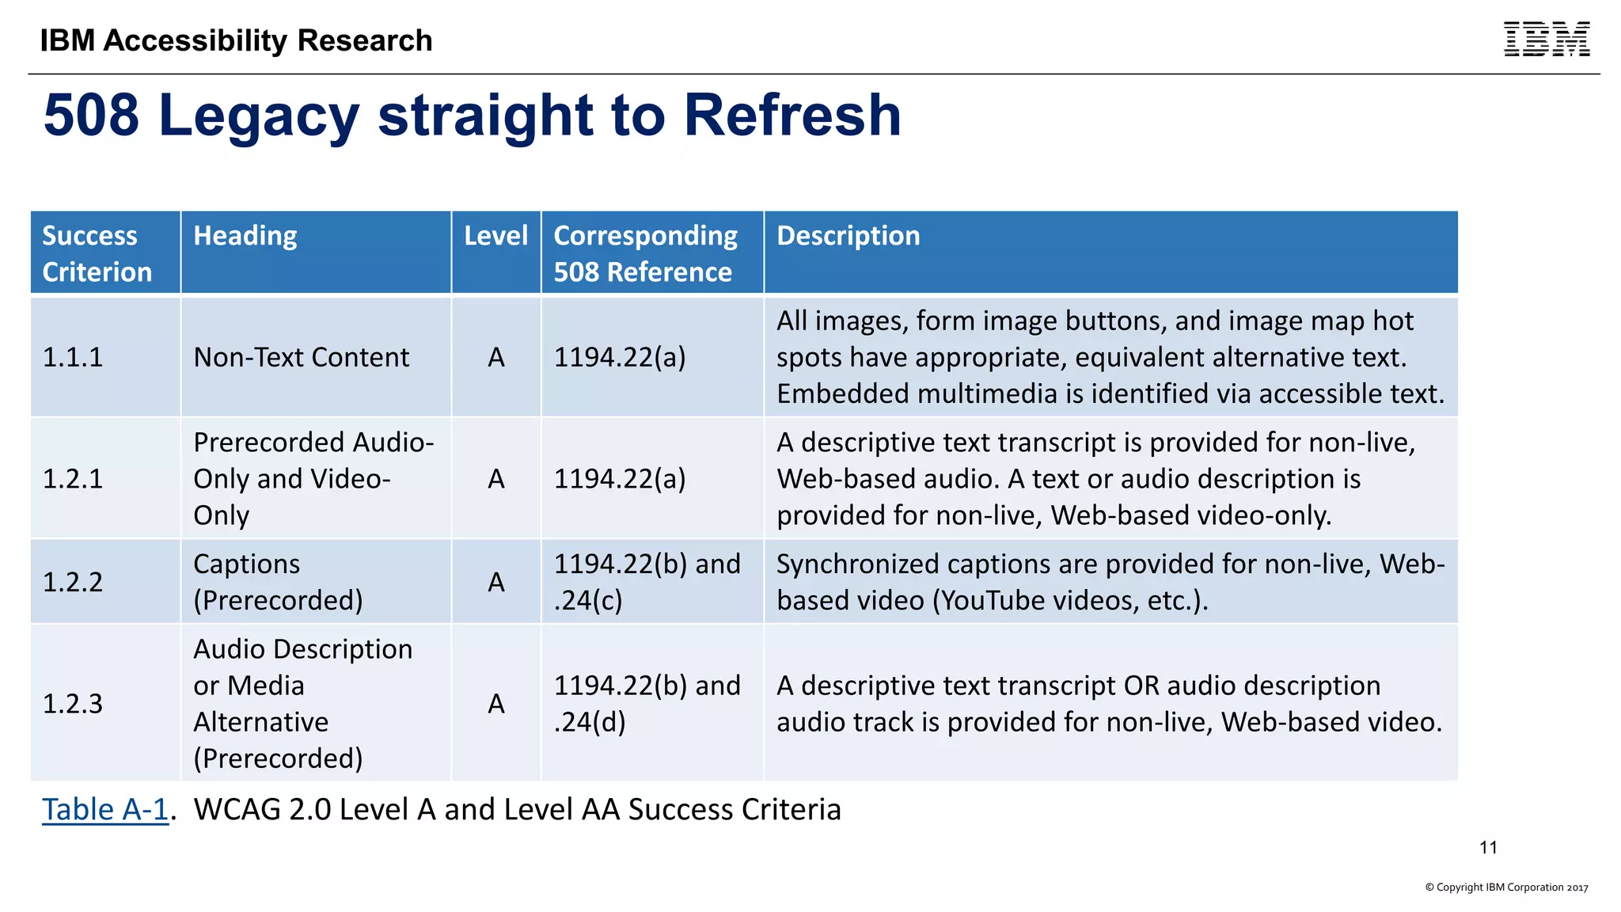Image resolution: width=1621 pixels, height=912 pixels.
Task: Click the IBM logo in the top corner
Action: click(1546, 40)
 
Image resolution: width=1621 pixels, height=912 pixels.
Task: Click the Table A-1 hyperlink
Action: click(104, 809)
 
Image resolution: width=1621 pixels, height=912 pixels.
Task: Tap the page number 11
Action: click(1488, 847)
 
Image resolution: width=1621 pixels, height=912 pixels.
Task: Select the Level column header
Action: click(495, 236)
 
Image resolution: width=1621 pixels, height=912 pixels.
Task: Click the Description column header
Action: click(848, 236)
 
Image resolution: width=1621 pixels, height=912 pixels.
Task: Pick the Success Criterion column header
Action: click(97, 253)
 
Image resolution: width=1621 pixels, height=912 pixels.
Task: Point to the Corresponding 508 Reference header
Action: click(645, 253)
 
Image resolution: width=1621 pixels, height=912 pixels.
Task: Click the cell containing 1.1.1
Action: click(73, 357)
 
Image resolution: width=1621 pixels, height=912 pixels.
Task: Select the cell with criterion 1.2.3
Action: click(73, 703)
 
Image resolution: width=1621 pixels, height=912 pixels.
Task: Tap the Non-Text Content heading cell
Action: click(301, 357)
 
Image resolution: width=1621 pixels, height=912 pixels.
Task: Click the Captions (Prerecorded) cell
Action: click(278, 582)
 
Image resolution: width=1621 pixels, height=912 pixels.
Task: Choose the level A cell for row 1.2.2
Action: click(495, 582)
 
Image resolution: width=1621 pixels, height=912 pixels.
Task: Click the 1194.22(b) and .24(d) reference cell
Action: click(647, 703)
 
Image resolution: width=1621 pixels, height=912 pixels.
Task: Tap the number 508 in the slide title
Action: click(91, 116)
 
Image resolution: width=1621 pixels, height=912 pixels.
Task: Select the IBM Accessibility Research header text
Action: click(236, 40)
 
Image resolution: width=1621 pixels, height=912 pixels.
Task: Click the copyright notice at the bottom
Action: click(1506, 887)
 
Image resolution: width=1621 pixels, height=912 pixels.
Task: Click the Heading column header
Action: click(245, 236)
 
